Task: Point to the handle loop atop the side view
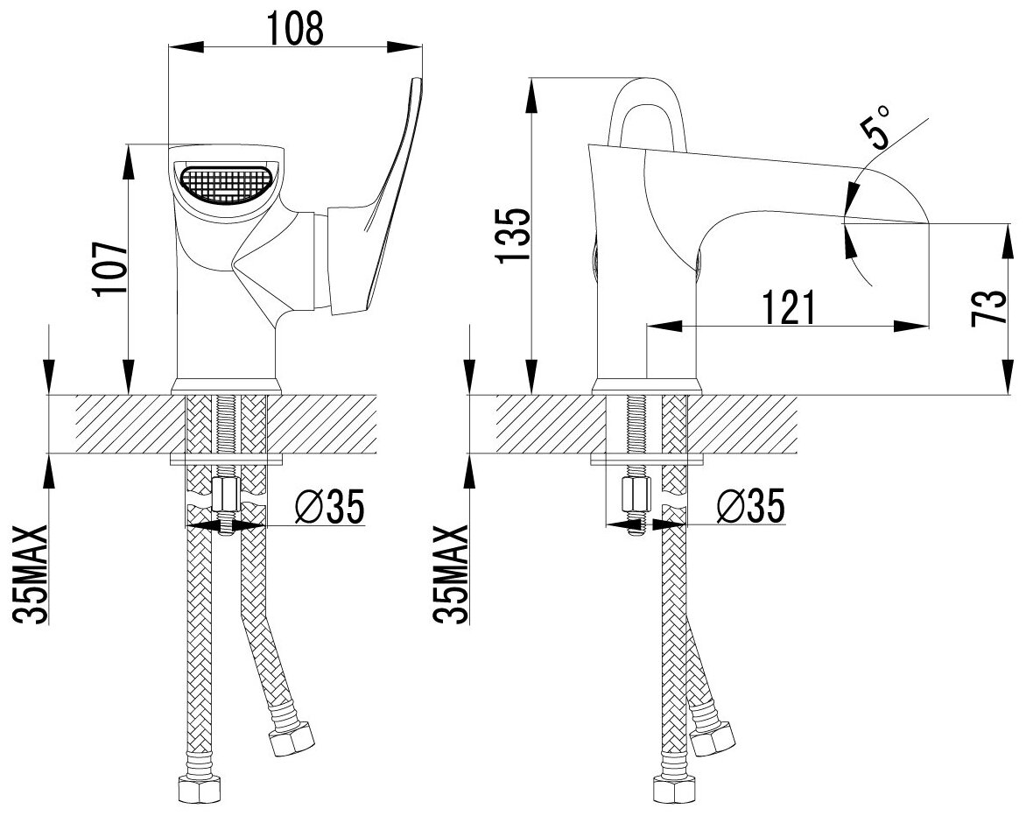point(649,109)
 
